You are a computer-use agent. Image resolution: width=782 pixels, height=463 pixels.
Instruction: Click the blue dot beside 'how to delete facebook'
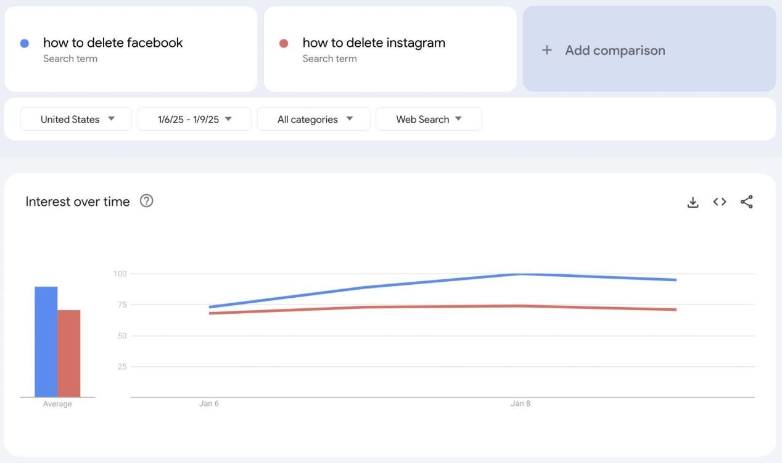click(x=25, y=44)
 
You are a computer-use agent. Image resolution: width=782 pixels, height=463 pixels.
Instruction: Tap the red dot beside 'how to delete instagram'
click(x=284, y=44)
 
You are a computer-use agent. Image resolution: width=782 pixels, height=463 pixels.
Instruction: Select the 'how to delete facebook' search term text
click(x=113, y=43)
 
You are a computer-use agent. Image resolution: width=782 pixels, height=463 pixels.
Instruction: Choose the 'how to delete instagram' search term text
click(x=374, y=43)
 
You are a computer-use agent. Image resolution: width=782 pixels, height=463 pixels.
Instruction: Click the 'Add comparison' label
click(x=615, y=51)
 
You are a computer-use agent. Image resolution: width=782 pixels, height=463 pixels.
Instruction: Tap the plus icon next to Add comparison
click(x=546, y=51)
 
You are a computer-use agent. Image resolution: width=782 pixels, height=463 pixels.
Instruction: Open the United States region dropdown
click(x=76, y=119)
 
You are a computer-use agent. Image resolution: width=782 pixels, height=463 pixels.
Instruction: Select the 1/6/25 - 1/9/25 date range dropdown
click(x=194, y=119)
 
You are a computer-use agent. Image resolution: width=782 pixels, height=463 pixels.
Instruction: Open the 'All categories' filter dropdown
click(x=314, y=119)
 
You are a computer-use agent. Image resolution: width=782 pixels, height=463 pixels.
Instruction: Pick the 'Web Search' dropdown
click(x=429, y=119)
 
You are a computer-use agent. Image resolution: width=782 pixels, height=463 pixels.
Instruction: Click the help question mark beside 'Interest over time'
click(x=146, y=201)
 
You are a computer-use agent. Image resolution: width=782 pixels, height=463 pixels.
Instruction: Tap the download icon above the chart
click(x=693, y=202)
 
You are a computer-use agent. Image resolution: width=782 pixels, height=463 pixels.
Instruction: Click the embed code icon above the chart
click(x=720, y=202)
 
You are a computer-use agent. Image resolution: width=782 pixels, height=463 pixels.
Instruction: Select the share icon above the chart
click(x=746, y=202)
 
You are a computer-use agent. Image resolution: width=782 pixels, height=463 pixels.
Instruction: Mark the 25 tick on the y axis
click(x=121, y=367)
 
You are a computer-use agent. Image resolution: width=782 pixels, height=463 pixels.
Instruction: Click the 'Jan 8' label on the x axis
click(x=521, y=404)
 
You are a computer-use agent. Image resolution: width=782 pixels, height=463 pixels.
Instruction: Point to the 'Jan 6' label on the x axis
click(x=209, y=404)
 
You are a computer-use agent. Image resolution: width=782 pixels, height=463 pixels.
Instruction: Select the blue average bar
click(x=46, y=342)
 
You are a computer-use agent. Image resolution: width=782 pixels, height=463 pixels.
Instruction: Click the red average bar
click(x=69, y=354)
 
